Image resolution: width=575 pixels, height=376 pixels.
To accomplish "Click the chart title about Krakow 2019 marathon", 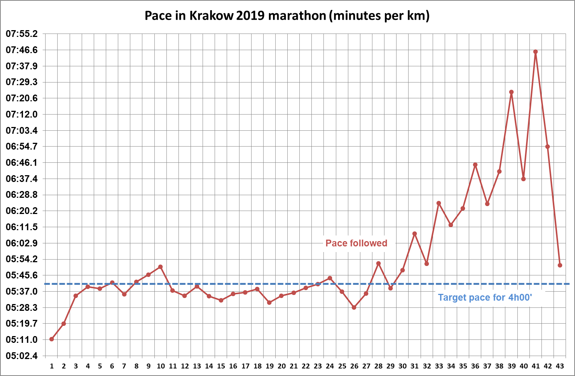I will (287, 16).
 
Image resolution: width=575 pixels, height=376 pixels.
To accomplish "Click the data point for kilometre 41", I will (535, 52).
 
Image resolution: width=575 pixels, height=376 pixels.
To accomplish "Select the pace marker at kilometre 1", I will (52, 339).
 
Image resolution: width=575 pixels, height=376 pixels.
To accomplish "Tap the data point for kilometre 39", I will (511, 92).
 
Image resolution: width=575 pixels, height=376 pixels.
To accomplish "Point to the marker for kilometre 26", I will (354, 307).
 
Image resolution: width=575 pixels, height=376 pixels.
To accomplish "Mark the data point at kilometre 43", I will (560, 265).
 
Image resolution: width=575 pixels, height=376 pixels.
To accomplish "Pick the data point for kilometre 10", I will (160, 267).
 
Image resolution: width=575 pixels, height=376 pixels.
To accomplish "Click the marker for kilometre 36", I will (475, 165).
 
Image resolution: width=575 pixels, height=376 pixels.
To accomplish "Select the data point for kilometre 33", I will (439, 203).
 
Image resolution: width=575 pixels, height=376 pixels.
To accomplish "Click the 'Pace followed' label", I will (356, 243).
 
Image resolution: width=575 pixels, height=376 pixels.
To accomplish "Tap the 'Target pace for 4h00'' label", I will (485, 298).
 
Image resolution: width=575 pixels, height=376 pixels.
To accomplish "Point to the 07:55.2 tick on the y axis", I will (22, 34).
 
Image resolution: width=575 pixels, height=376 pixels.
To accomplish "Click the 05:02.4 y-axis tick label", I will (22, 356).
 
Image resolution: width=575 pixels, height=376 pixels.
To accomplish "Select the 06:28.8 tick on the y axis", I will (22, 195).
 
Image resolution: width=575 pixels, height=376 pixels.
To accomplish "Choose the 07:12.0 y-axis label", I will (22, 114).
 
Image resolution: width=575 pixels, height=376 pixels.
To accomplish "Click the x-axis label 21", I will (294, 366).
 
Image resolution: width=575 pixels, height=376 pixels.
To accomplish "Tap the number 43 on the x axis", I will (560, 366).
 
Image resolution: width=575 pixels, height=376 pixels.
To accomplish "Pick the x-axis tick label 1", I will (52, 366).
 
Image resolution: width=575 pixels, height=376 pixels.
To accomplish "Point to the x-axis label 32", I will (427, 366).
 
